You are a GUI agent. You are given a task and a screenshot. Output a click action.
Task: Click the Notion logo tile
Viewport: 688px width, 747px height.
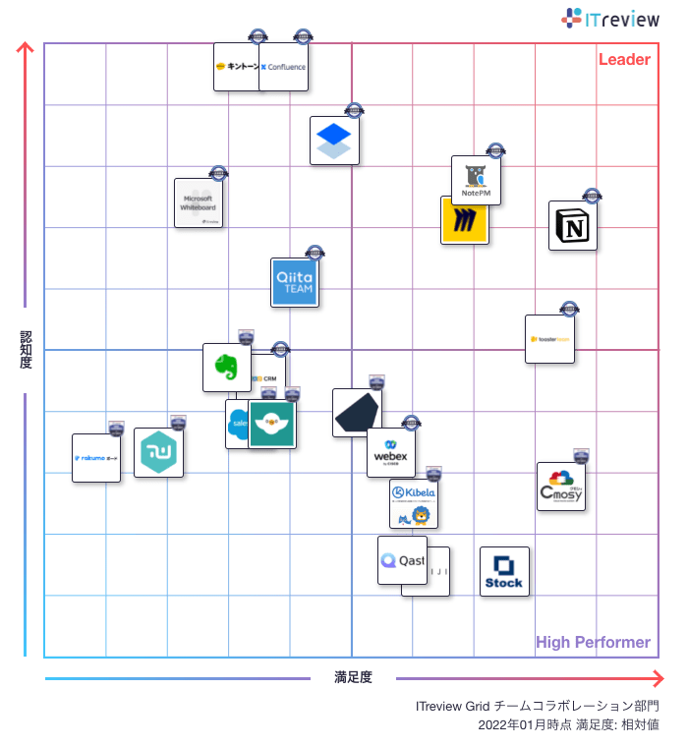573,226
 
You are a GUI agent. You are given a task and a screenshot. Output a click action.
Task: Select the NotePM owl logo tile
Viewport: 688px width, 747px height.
477,180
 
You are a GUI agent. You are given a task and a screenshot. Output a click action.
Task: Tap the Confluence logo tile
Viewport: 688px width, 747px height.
284,67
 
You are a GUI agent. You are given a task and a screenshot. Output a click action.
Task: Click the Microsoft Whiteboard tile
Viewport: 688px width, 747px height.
199,202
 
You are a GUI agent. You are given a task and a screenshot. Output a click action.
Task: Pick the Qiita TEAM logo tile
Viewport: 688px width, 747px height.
295,283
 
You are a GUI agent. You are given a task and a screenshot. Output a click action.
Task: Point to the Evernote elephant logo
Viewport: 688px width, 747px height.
225,367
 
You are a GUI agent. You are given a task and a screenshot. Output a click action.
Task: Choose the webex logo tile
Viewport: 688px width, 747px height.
391,453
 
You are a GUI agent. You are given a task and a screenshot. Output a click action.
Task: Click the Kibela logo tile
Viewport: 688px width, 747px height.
414,503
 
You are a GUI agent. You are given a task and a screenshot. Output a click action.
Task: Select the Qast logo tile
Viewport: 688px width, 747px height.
402,560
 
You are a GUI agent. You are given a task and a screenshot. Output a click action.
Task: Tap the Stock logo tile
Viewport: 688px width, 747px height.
504,572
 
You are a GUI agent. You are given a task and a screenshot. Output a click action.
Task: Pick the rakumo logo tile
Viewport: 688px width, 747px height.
96,458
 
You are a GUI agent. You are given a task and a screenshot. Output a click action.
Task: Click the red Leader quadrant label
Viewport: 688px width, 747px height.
624,60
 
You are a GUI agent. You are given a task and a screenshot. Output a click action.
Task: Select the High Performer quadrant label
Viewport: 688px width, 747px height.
593,643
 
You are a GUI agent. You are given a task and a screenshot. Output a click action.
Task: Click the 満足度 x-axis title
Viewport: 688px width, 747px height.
353,677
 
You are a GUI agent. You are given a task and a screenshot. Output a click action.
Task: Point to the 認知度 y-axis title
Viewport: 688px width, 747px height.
27,350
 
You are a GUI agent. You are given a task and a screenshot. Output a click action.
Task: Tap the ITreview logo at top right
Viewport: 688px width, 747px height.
611,18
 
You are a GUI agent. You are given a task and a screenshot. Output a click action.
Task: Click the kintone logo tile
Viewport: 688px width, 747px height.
237,67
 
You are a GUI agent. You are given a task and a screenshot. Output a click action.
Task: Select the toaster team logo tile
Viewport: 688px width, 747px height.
549,339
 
